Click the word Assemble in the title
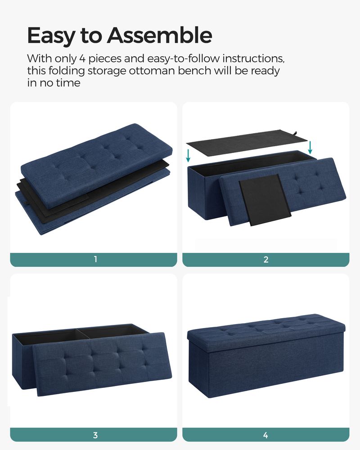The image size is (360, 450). tap(159, 36)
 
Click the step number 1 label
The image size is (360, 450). tap(95, 259)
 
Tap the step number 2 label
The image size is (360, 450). tap(266, 259)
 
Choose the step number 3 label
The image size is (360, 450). tap(95, 435)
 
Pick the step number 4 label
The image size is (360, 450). tap(266, 435)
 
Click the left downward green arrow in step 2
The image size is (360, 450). tap(189, 154)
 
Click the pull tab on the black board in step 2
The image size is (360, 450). tap(296, 133)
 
